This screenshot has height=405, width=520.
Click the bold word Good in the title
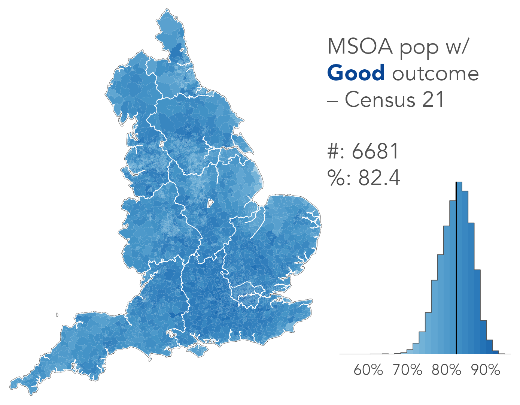pyautogui.click(x=356, y=73)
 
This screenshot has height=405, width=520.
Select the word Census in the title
pyautogui.click(x=380, y=100)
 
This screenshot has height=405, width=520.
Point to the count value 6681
pyautogui.click(x=375, y=151)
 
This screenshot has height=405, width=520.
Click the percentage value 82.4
pyautogui.click(x=379, y=178)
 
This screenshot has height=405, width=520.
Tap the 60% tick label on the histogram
pyautogui.click(x=368, y=370)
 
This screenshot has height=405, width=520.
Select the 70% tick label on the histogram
pyautogui.click(x=407, y=370)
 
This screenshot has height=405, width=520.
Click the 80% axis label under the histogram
pyautogui.click(x=446, y=370)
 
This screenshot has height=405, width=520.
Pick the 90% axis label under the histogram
pyautogui.click(x=486, y=370)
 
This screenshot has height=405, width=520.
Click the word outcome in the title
pyautogui.click(x=435, y=73)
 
